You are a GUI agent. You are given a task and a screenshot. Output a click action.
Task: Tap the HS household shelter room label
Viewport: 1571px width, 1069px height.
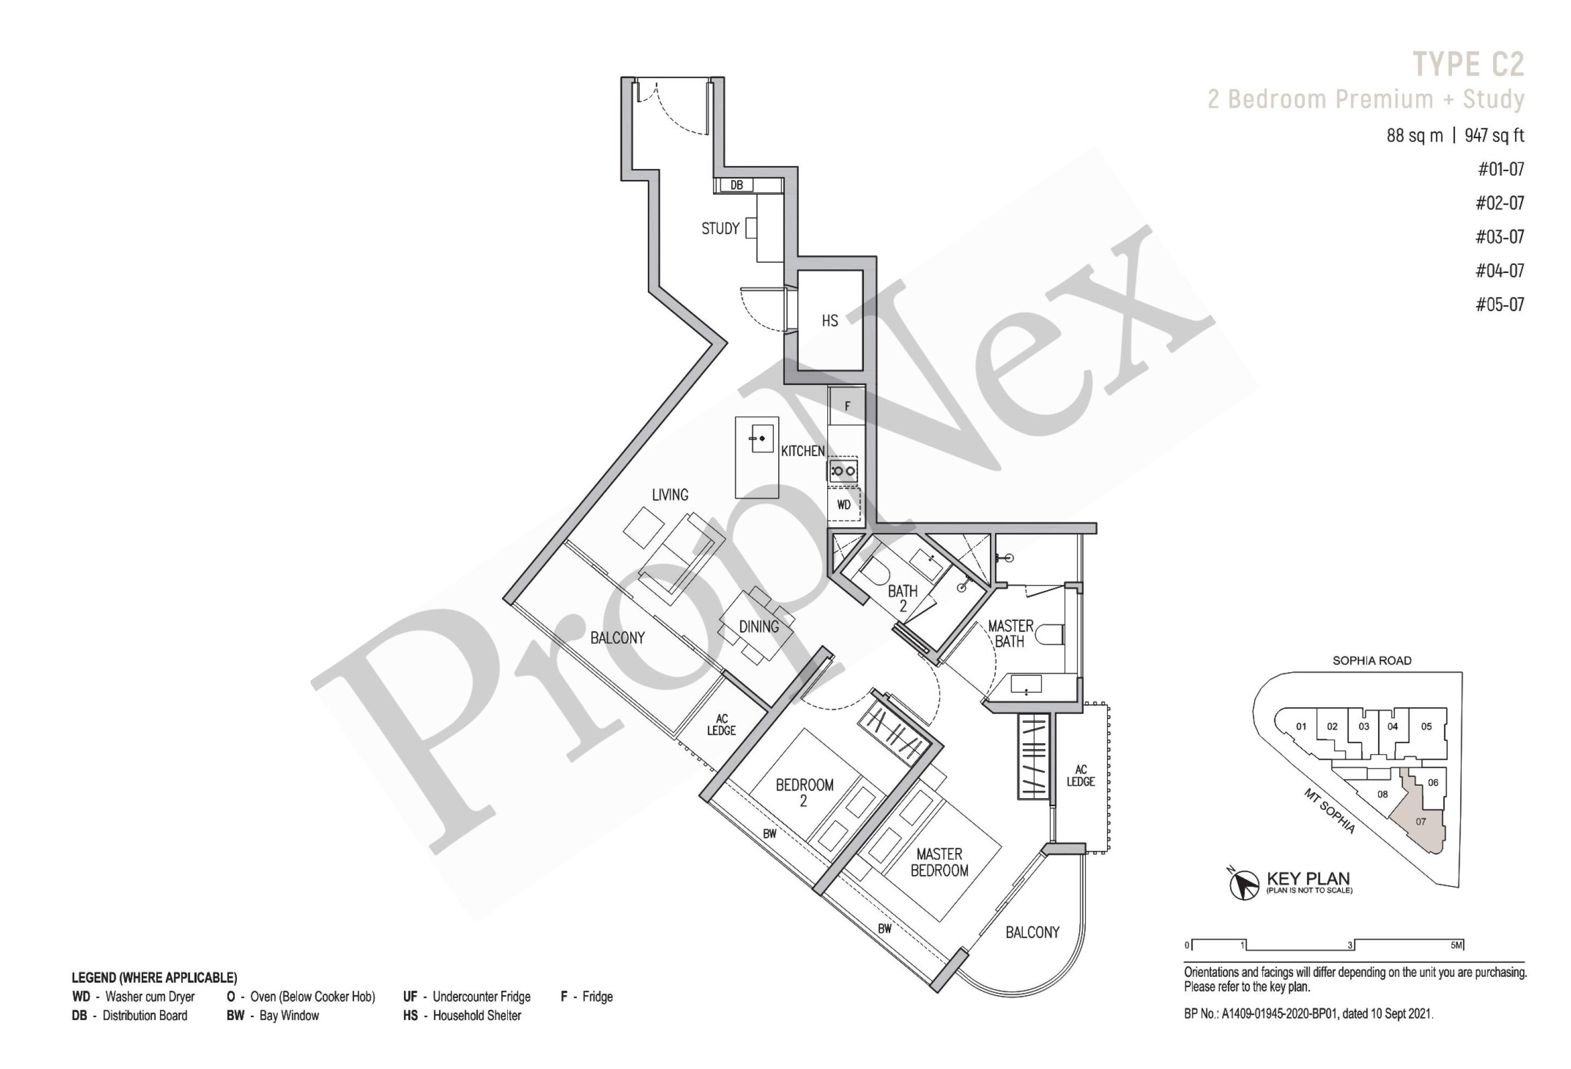pyautogui.click(x=829, y=320)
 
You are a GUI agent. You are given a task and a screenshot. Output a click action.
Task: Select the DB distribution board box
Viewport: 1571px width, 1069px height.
pyautogui.click(x=736, y=185)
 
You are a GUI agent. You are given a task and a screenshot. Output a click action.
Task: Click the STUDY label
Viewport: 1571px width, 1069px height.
pyautogui.click(x=720, y=228)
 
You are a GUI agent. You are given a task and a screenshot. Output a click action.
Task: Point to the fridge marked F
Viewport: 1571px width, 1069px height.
pyautogui.click(x=846, y=406)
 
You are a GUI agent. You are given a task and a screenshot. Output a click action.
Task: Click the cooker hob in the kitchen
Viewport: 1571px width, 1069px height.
pyautogui.click(x=843, y=471)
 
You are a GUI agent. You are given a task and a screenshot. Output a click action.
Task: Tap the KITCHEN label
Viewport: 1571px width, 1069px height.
pyautogui.click(x=802, y=451)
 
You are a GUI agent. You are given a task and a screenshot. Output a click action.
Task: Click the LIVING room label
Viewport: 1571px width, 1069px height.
pyautogui.click(x=670, y=495)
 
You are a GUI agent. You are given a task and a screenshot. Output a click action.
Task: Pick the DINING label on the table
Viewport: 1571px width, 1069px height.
pyautogui.click(x=758, y=627)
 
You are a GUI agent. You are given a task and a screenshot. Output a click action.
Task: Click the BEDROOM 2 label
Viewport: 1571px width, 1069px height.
pyautogui.click(x=804, y=792)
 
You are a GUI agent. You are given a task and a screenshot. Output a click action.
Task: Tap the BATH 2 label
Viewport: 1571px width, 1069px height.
pyautogui.click(x=903, y=598)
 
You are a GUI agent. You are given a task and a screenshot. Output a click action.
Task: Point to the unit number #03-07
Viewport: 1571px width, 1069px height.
pyautogui.click(x=1499, y=236)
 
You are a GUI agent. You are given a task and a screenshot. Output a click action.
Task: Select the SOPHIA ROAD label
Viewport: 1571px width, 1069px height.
pyautogui.click(x=1372, y=661)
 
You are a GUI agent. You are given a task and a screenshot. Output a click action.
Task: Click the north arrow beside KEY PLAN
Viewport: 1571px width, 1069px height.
pyautogui.click(x=1243, y=882)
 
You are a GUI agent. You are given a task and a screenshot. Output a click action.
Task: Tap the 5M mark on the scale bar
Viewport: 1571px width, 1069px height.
pyautogui.click(x=1456, y=945)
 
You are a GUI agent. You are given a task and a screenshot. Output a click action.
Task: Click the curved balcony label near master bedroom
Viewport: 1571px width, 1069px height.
pyautogui.click(x=1032, y=932)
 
